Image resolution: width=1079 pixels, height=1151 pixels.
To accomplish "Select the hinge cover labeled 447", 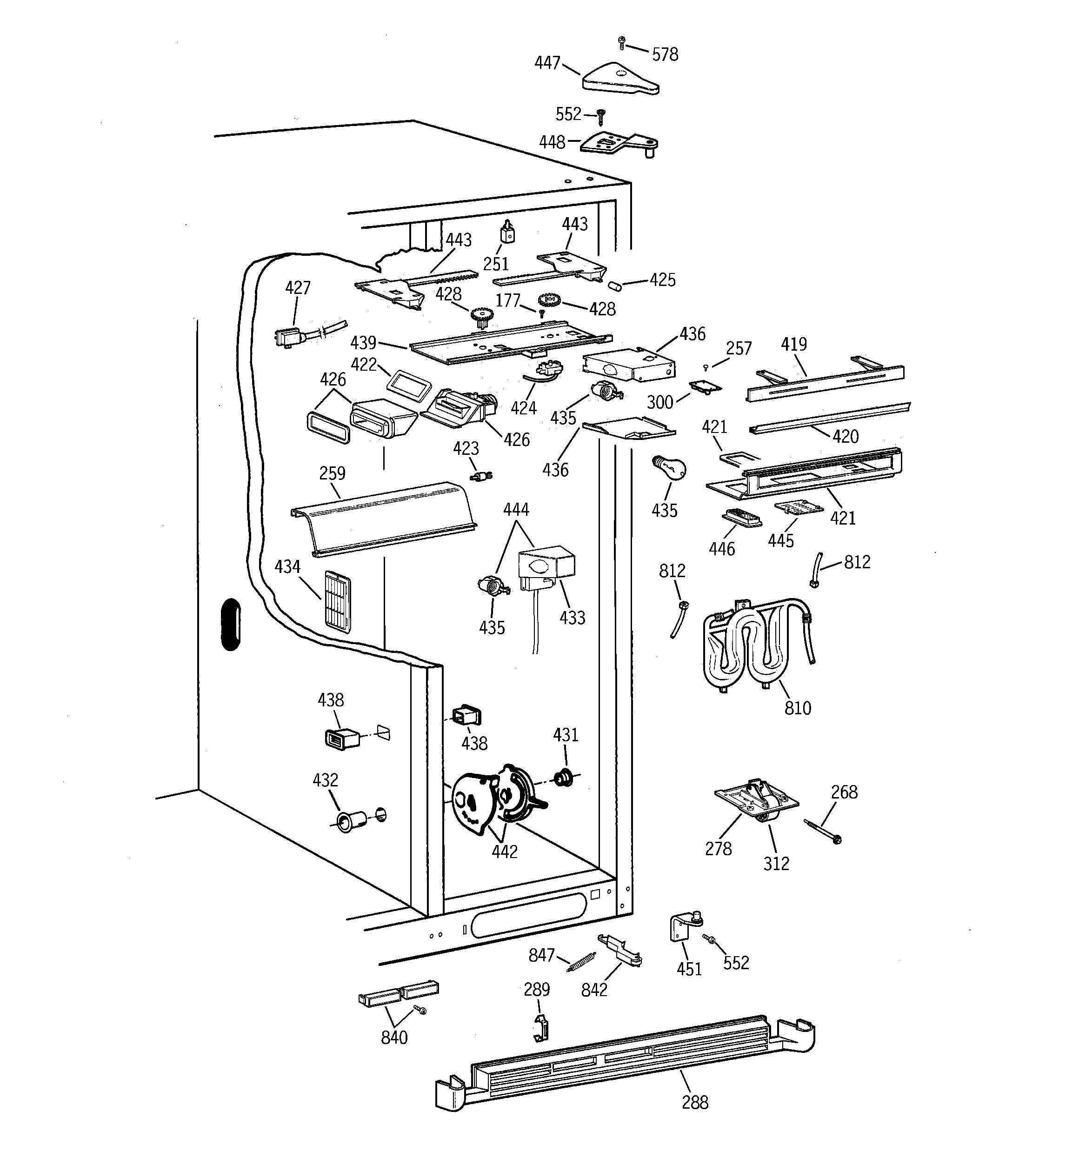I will (x=619, y=80).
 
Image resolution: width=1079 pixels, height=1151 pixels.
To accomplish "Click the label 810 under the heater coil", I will (x=798, y=707).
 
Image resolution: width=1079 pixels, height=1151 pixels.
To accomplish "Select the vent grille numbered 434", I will (x=338, y=602).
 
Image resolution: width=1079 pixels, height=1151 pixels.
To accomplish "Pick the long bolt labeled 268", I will (x=822, y=830).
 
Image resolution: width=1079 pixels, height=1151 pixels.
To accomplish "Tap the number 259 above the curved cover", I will (x=332, y=473).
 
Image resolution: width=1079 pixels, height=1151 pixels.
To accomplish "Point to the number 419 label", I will (x=793, y=345).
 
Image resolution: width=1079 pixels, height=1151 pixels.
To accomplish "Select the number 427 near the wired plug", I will (x=298, y=288).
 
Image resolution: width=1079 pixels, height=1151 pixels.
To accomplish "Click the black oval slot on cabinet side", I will (x=231, y=624).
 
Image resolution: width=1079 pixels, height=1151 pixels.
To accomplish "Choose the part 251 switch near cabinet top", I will (x=507, y=234).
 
